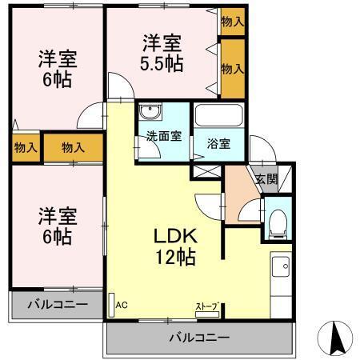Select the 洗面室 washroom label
[162, 136]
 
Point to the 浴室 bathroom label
[218, 145]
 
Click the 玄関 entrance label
[266, 179]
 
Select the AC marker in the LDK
[122, 305]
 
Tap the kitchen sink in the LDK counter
[282, 267]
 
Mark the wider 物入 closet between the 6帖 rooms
[74, 147]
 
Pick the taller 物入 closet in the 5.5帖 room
[232, 69]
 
